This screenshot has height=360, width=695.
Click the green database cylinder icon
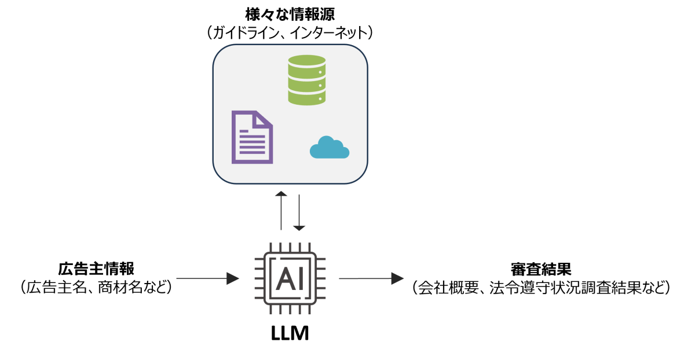point(306,80)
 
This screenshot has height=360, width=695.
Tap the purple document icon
point(252,137)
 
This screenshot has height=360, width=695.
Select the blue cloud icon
point(330,148)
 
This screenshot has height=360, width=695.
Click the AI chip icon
point(290,278)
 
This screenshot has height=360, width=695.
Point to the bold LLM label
point(290,333)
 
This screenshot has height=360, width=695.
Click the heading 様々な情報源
point(290,14)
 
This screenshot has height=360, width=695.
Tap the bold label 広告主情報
point(96,269)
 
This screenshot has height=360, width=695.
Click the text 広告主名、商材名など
point(96,287)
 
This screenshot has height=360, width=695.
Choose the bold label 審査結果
point(541,269)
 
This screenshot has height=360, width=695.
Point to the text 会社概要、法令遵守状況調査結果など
point(541,288)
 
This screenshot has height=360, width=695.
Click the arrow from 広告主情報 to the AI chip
point(207,278)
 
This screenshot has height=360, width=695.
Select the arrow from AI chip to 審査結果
point(371,278)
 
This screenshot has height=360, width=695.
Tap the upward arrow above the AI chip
point(281,211)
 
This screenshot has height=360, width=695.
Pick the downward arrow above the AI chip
point(299,213)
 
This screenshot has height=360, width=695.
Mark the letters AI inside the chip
point(290,279)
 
